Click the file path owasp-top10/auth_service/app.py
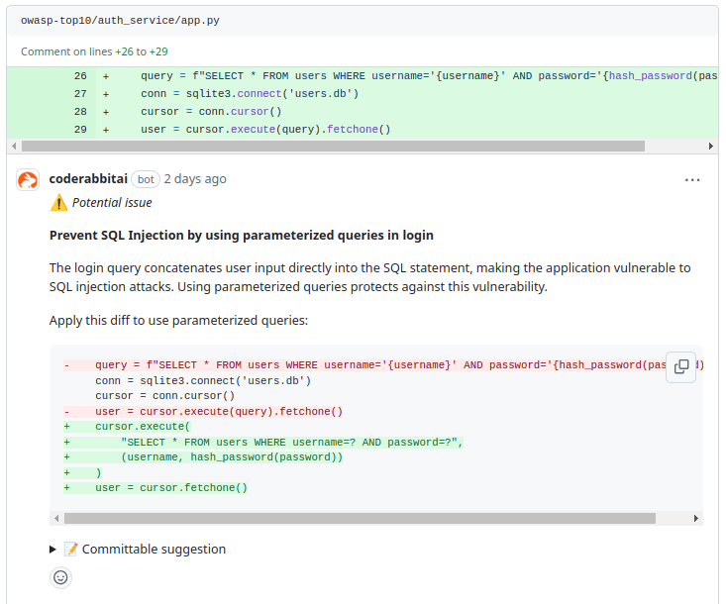point(120,21)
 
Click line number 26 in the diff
point(80,76)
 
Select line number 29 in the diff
point(80,129)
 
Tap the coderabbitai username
point(88,179)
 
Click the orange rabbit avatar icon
point(28,179)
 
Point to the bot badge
point(146,179)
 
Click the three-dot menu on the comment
point(692,179)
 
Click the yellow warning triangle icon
point(58,203)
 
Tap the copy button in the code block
point(681,366)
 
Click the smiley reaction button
point(60,577)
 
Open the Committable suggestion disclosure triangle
point(52,550)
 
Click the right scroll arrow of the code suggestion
point(696,519)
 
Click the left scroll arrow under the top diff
point(14,147)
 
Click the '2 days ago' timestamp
point(195,179)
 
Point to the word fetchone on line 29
point(353,129)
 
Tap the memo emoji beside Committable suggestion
point(71,549)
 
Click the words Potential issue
point(112,203)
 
